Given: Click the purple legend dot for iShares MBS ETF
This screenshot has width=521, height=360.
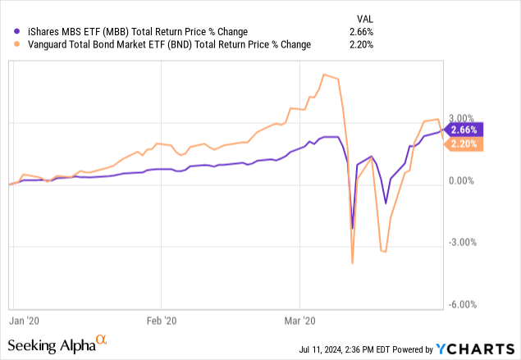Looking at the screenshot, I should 10,32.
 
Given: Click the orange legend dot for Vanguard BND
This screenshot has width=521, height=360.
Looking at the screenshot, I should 10,44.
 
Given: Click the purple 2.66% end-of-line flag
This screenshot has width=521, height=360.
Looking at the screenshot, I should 464,129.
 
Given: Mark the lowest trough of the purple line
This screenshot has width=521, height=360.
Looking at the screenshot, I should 352,228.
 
